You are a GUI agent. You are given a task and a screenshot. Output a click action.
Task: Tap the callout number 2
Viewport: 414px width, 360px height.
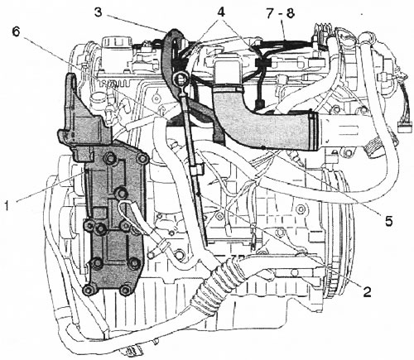[367, 291]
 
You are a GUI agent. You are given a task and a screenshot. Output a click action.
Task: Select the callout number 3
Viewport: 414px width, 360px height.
[98, 12]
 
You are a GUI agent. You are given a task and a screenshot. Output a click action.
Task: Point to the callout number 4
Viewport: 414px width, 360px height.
[221, 12]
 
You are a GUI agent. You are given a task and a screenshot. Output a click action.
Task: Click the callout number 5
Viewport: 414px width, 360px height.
[388, 221]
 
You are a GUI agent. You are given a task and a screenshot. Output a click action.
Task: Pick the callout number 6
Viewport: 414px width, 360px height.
[17, 32]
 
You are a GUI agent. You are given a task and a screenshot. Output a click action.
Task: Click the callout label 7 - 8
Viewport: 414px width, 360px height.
[280, 12]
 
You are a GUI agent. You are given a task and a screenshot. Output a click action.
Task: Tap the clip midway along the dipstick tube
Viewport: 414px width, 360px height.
[197, 169]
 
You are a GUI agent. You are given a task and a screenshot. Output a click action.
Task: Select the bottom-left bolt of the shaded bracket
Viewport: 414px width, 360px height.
[89, 290]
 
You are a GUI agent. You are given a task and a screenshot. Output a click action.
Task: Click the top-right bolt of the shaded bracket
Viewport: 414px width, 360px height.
[142, 158]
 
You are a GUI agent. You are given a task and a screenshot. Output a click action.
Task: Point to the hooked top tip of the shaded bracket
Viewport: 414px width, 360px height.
[70, 77]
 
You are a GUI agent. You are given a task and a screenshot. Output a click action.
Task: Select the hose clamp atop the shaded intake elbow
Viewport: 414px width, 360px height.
[229, 89]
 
